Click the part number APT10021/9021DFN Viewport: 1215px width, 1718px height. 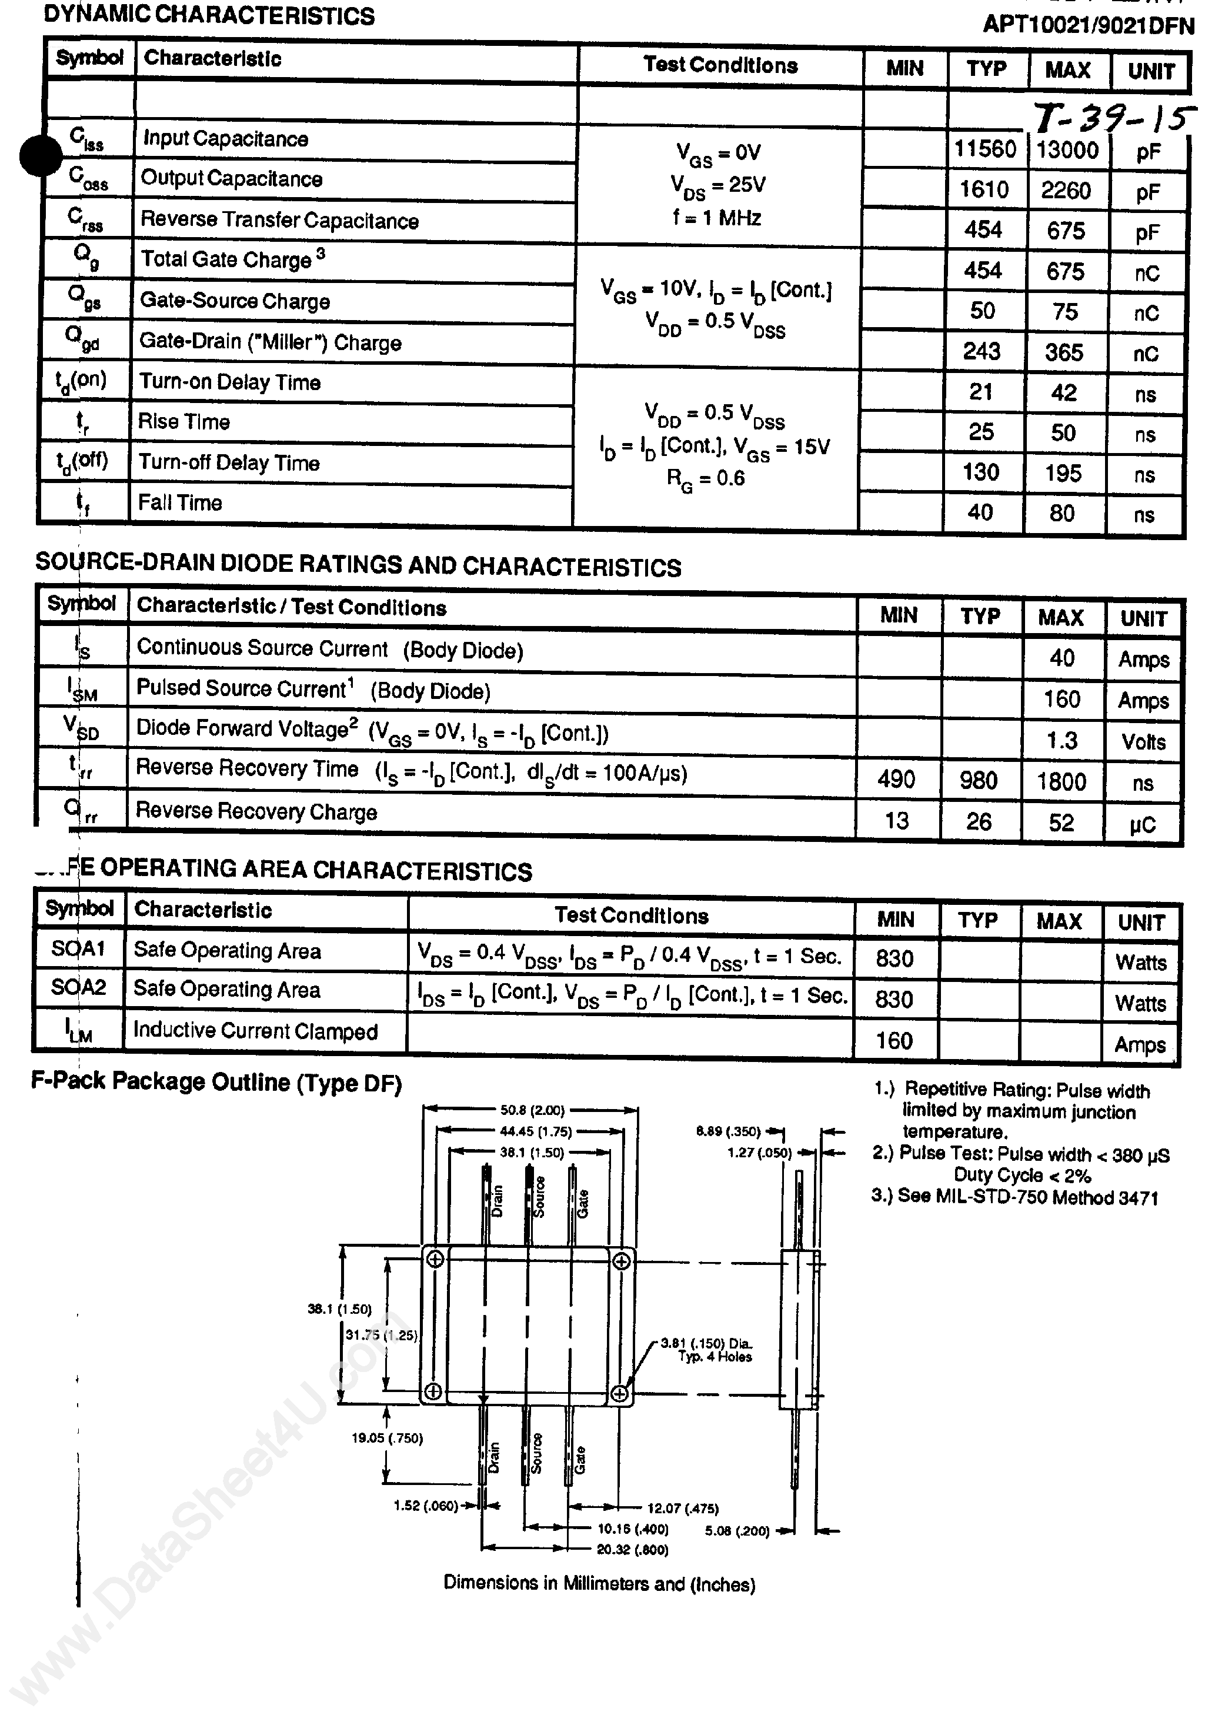tap(1088, 25)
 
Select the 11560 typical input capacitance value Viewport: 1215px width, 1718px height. tap(984, 149)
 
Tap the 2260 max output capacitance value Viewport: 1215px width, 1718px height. tap(1066, 191)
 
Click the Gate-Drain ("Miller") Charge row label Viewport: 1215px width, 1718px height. tap(271, 342)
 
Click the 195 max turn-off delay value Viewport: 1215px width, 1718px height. tap(1063, 473)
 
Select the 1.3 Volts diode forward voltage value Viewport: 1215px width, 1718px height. tap(1062, 741)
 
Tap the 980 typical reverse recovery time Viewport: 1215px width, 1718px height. tap(978, 780)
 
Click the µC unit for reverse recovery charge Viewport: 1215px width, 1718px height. tap(1143, 824)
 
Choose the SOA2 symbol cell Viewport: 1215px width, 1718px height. tap(79, 988)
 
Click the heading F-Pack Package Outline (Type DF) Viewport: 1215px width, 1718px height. tap(216, 1082)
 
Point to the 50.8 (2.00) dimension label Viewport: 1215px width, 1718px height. tap(532, 1110)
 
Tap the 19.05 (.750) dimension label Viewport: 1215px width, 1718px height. tap(387, 1437)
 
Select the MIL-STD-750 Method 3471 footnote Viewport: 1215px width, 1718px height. tap(1015, 1197)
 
